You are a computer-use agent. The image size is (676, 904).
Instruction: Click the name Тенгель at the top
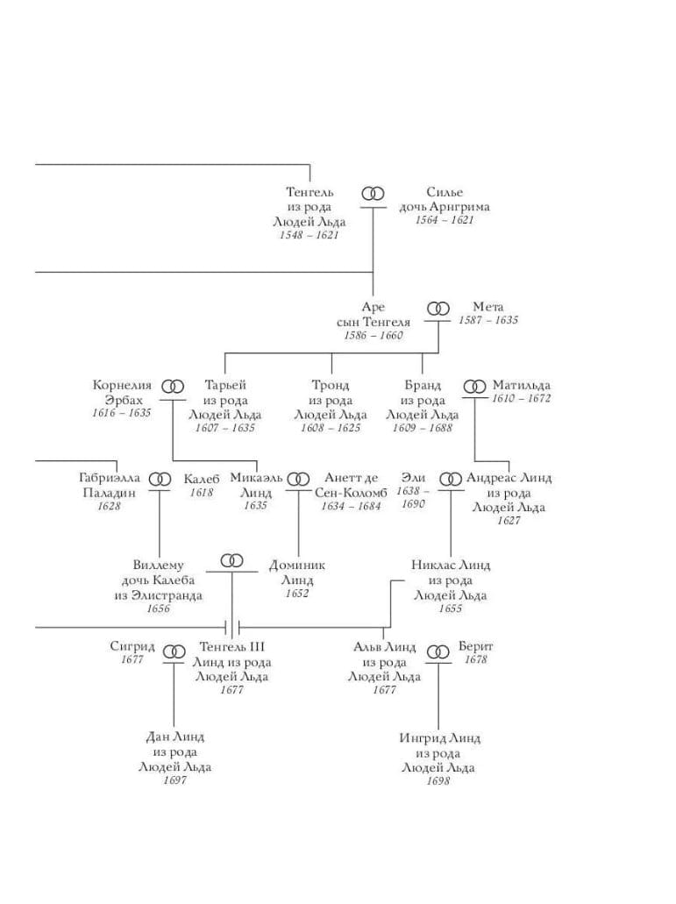pyautogui.click(x=310, y=192)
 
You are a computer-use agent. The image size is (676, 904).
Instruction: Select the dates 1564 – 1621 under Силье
pyautogui.click(x=445, y=221)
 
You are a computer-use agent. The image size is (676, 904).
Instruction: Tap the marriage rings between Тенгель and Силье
pyautogui.click(x=374, y=193)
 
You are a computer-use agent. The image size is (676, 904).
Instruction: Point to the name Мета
pyautogui.click(x=488, y=307)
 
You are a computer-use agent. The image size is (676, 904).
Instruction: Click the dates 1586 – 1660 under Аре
pyautogui.click(x=373, y=336)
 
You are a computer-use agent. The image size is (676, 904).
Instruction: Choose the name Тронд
pyautogui.click(x=331, y=385)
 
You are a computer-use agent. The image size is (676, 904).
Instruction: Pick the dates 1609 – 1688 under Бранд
pyautogui.click(x=423, y=428)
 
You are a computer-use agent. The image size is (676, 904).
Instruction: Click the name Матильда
pyautogui.click(x=522, y=385)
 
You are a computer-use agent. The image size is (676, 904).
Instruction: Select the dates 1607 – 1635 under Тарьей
pyautogui.click(x=225, y=428)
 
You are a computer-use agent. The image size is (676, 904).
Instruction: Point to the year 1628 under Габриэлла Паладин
pyautogui.click(x=109, y=506)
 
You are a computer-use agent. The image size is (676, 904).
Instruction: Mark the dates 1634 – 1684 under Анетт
pyautogui.click(x=351, y=506)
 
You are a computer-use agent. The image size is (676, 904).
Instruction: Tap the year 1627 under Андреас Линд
pyautogui.click(x=509, y=521)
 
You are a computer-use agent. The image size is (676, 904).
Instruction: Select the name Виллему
pyautogui.click(x=159, y=566)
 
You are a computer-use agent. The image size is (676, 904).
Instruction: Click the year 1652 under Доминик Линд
pyautogui.click(x=297, y=594)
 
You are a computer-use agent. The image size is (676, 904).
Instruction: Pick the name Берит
pyautogui.click(x=476, y=646)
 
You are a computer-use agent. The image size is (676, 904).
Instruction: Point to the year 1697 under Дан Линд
pyautogui.click(x=174, y=780)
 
